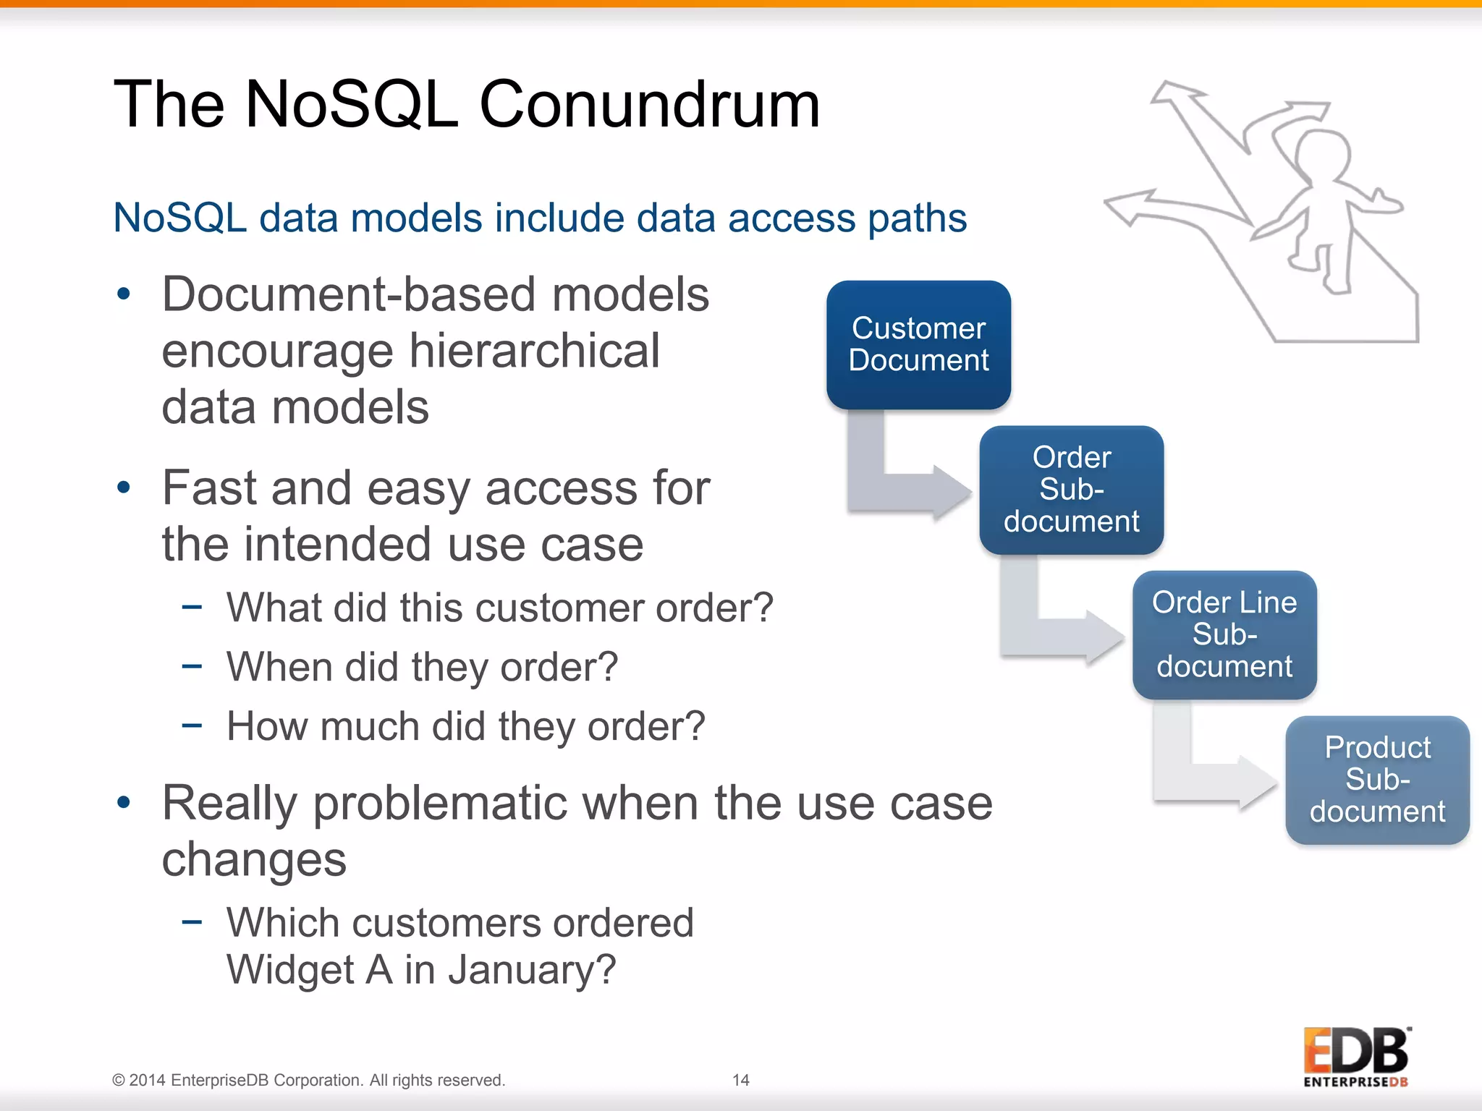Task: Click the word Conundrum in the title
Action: (x=649, y=105)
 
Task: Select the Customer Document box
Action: (x=918, y=345)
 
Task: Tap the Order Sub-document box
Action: (x=1071, y=490)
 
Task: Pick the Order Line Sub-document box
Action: (x=1224, y=634)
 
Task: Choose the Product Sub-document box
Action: (x=1377, y=780)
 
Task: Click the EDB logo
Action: (x=1356, y=1056)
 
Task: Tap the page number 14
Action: (x=740, y=1080)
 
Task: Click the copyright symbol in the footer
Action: (x=119, y=1081)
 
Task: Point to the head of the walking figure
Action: (x=1323, y=155)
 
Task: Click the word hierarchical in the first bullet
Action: (x=535, y=352)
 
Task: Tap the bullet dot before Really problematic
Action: (x=124, y=802)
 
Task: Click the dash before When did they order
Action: (x=192, y=665)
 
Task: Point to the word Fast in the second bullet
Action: (x=209, y=488)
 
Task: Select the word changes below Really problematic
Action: (x=254, y=859)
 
